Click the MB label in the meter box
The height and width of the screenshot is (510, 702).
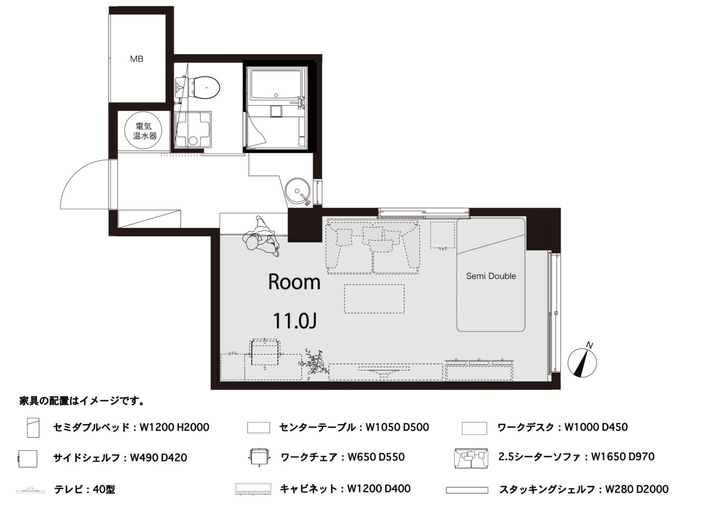tap(137, 59)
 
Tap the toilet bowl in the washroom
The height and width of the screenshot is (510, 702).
tap(205, 87)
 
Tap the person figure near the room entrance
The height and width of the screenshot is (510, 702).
tap(261, 236)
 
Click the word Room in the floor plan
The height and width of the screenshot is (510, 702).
tap(295, 282)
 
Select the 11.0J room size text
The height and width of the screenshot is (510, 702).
tap(295, 321)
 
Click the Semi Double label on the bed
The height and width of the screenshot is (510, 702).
tap(491, 276)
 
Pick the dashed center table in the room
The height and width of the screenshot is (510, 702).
tap(374, 299)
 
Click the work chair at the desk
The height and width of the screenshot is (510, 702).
tap(265, 353)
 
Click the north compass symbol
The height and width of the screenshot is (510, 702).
tap(582, 363)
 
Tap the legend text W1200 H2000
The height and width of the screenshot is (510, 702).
tap(174, 427)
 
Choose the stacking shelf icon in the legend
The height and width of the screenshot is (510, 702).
tap(467, 490)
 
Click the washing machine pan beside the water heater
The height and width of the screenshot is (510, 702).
tap(193, 129)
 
